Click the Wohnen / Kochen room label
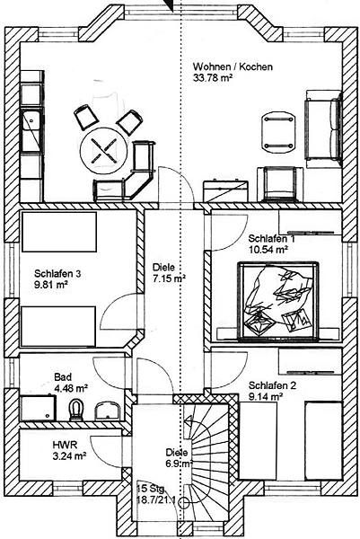click(233, 66)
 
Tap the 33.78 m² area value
click(213, 78)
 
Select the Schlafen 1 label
click(272, 238)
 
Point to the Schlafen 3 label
click(57, 274)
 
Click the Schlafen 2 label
click(272, 385)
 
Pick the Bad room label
click(63, 377)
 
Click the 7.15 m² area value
click(169, 278)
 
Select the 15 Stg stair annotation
click(151, 489)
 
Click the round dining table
click(103, 151)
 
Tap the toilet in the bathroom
click(76, 410)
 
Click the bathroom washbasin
click(107, 411)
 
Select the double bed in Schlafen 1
click(278, 301)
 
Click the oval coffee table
click(279, 133)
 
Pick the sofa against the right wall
click(322, 128)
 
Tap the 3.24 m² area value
click(69, 456)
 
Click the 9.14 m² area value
click(265, 397)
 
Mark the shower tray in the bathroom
click(38, 408)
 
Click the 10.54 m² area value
click(268, 250)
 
